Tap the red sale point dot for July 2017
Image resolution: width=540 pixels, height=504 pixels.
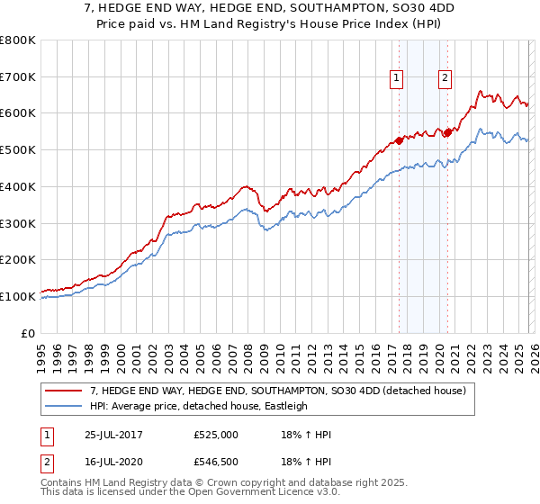[x=399, y=140]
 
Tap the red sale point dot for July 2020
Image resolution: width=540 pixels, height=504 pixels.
[x=446, y=132]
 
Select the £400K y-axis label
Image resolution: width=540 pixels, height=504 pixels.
[x=18, y=187]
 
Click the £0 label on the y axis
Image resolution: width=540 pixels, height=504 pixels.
[x=29, y=333]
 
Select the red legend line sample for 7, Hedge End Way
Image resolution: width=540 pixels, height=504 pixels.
[x=64, y=391]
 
